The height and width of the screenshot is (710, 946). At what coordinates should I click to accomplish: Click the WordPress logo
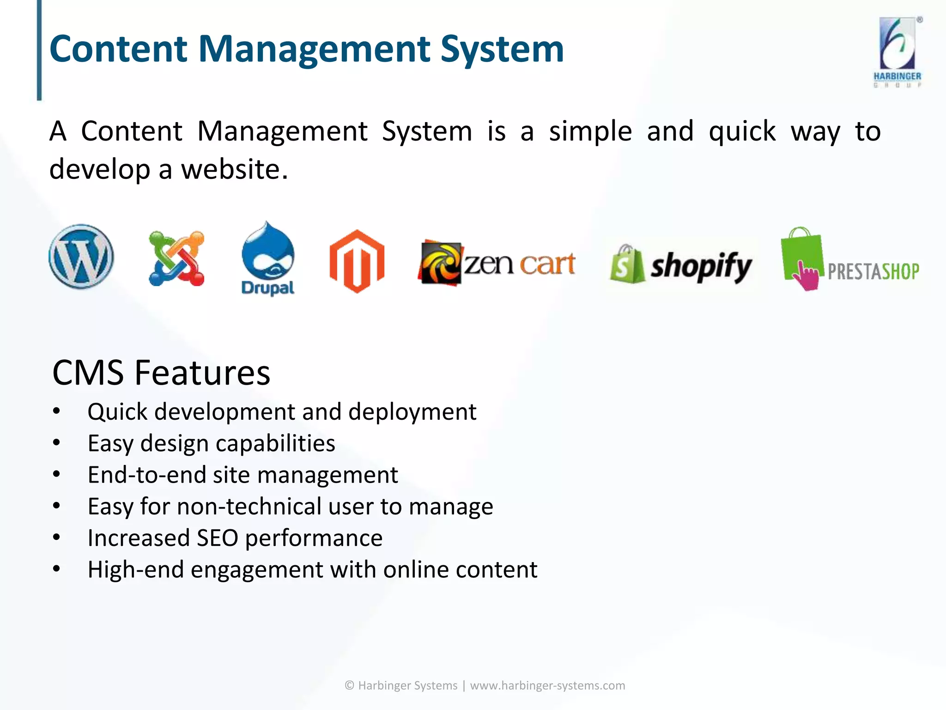pyautogui.click(x=81, y=257)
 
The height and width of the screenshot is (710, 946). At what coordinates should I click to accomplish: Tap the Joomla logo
pyautogui.click(x=176, y=258)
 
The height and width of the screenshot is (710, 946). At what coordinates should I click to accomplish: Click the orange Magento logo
pyautogui.click(x=357, y=261)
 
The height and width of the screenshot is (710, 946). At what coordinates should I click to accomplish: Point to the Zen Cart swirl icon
pyautogui.click(x=440, y=263)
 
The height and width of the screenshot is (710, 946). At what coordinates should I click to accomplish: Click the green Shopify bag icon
pyautogui.click(x=627, y=264)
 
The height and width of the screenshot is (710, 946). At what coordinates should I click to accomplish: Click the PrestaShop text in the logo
pyautogui.click(x=873, y=271)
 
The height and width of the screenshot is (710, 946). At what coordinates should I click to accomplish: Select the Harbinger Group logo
pyautogui.click(x=897, y=52)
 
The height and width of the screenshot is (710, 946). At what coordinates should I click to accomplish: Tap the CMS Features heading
pyautogui.click(x=161, y=373)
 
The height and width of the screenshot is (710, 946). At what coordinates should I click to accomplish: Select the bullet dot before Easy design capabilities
pyautogui.click(x=56, y=443)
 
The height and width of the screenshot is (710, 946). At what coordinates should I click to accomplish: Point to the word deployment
pyautogui.click(x=412, y=411)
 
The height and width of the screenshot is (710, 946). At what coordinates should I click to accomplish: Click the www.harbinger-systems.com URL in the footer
pyautogui.click(x=547, y=686)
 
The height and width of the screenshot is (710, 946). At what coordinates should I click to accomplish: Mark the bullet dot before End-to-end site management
pyautogui.click(x=56, y=474)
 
